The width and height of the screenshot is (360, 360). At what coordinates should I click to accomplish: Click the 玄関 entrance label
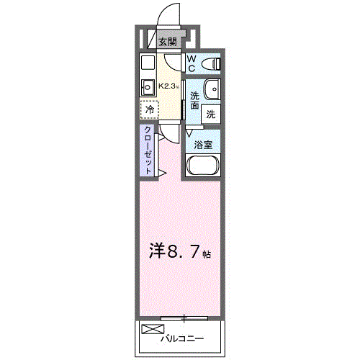click(167, 42)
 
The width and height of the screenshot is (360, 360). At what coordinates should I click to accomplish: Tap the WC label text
click(193, 63)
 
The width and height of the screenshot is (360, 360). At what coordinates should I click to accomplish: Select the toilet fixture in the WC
click(212, 64)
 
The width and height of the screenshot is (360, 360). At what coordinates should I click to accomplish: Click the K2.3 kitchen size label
click(168, 86)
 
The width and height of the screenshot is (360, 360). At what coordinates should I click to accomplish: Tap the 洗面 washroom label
click(195, 101)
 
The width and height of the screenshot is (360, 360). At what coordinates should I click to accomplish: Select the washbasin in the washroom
click(212, 89)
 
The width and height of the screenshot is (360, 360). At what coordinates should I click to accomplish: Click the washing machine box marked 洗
click(211, 113)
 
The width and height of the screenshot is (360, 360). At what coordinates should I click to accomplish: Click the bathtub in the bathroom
click(204, 166)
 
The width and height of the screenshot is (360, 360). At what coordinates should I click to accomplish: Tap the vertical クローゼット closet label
click(148, 149)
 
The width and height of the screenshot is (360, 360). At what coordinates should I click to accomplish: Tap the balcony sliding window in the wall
click(185, 317)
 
